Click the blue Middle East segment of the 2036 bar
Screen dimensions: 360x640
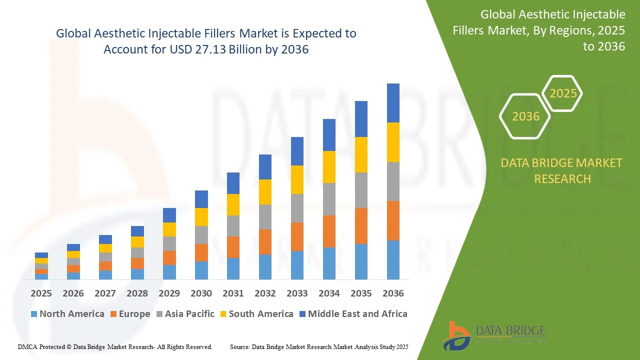tap(393, 103)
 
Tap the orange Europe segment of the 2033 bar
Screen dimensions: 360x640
tap(297, 236)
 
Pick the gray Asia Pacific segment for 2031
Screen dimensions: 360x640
tap(233, 226)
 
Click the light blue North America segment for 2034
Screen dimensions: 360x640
tap(329, 263)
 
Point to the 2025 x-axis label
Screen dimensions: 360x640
tap(41, 293)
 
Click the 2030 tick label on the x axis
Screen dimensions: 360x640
tap(201, 293)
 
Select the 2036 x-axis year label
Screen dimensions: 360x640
tap(393, 293)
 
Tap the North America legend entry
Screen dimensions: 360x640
tap(67, 314)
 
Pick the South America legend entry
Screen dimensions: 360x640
tap(256, 314)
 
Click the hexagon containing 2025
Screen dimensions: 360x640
tap(563, 93)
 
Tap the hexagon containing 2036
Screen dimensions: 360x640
tap(525, 116)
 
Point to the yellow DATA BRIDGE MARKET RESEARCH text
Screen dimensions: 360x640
tap(562, 171)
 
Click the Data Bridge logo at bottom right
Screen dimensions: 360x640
tap(494, 335)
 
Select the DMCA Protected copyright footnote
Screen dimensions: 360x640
tap(115, 346)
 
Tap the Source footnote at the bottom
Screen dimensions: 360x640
tap(319, 346)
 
